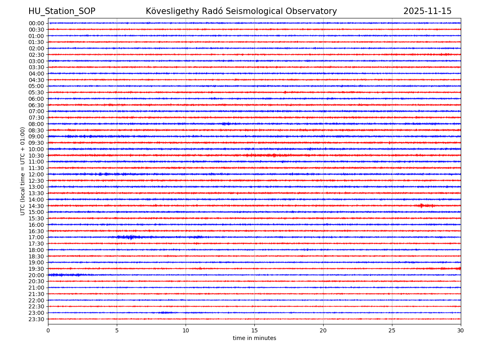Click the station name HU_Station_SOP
point(62,11)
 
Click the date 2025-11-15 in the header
point(427,11)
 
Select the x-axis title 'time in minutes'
point(254,338)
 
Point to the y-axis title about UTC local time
point(23,171)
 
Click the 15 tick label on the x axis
point(254,331)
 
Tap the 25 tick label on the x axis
point(392,331)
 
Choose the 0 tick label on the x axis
point(48,331)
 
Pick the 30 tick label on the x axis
point(461,331)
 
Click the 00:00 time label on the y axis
point(36,23)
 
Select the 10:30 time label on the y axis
point(36,156)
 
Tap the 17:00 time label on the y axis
point(36,237)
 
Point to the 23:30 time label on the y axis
point(36,319)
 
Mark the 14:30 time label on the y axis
point(36,206)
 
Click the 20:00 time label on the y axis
point(36,275)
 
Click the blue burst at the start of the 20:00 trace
point(58,275)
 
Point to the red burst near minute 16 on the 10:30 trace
point(264,155)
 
